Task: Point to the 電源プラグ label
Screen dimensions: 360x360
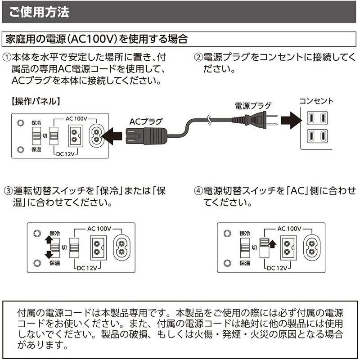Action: click(x=253, y=106)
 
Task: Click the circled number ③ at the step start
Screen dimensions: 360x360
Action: click(x=8, y=190)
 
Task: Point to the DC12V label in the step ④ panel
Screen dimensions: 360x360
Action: click(x=277, y=268)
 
